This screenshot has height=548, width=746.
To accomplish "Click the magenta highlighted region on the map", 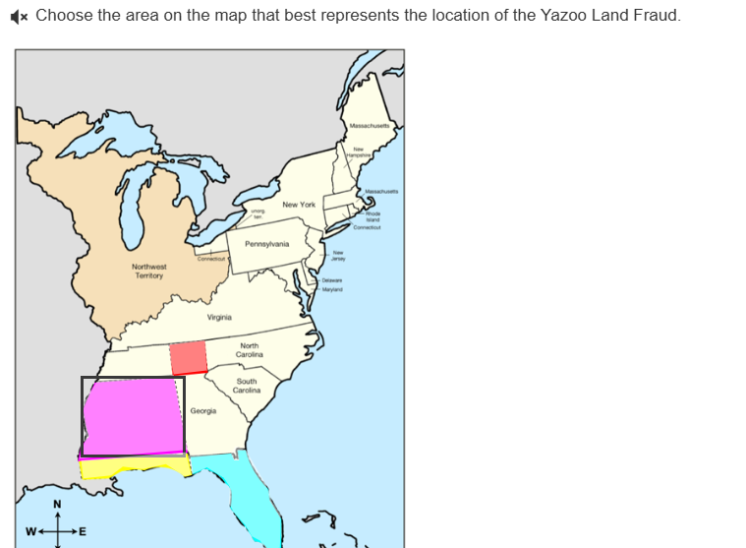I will coord(133,414).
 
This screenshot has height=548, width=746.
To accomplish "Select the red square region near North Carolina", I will coord(188,358).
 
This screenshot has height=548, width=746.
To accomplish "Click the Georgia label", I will coord(203,410).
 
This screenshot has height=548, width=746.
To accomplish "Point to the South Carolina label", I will coord(247,386).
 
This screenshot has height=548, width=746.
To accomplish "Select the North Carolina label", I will coord(250,350).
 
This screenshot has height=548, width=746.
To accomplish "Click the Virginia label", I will coord(219,318).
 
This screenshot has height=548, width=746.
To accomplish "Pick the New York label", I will coord(298,205).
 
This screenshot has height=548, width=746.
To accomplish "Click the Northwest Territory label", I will coord(149,271).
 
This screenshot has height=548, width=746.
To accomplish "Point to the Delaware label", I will coord(332,280).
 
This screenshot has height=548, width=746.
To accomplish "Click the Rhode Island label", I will coord(373,216).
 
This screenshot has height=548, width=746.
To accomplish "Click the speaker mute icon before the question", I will coord(21,17).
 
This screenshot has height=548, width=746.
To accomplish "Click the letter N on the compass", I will coord(57,506).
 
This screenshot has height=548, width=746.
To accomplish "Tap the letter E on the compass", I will coord(83,532).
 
